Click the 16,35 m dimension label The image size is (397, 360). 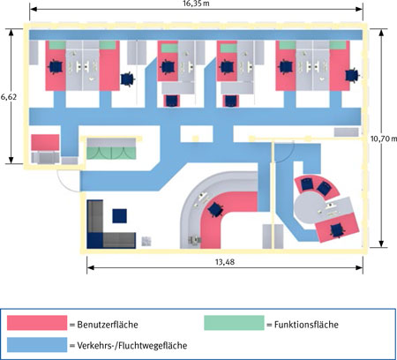coord(196,4)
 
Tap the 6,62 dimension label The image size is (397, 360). coord(9,96)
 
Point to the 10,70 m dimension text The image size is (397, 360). coord(383,139)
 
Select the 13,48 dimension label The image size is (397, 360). coord(225,262)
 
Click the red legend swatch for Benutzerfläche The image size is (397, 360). coord(37,323)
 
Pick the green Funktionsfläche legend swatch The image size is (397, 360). coord(234,323)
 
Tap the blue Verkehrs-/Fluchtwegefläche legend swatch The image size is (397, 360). coord(37,345)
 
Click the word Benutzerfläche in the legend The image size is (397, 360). coord(108,325)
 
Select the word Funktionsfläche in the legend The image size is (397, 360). coord(306,325)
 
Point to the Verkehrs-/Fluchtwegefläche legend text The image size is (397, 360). coord(132,345)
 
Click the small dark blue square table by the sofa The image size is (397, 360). coord(120,216)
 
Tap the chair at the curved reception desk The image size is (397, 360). coord(215,210)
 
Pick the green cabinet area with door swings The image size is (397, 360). coord(111,154)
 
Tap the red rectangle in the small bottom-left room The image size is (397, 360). coord(45,142)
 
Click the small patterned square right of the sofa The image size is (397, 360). coord(146,241)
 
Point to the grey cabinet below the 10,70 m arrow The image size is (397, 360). coord(347,132)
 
